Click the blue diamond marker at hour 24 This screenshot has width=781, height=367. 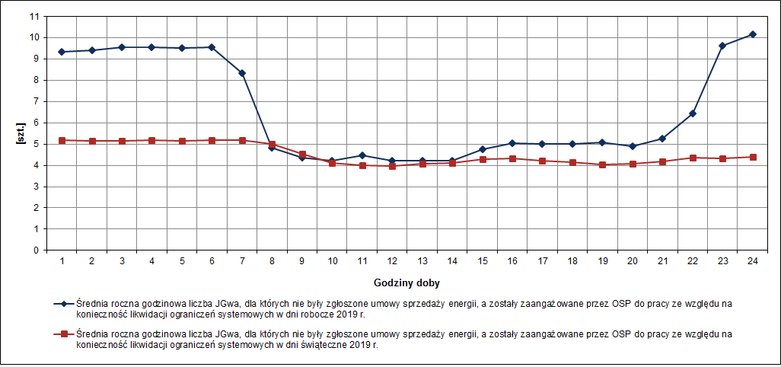pos(752,34)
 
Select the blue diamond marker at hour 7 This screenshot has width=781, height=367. pos(242,73)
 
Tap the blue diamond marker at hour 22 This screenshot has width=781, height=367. pos(692,113)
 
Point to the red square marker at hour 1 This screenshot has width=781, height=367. pos(62,140)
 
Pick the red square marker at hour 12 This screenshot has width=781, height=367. pos(392,165)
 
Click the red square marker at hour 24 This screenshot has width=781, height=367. pos(752,157)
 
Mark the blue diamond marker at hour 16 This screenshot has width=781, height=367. pos(512,143)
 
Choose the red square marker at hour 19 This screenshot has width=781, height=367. pos(602,164)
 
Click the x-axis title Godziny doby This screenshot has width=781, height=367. pos(406,282)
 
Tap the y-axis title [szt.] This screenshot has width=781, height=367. pos(21,133)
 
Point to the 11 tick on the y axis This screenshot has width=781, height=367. pos(33,16)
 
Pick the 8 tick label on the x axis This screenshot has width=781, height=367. pos(272,261)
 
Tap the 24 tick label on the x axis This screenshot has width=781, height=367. pos(752,261)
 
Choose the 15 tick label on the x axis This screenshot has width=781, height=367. pos(483,261)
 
